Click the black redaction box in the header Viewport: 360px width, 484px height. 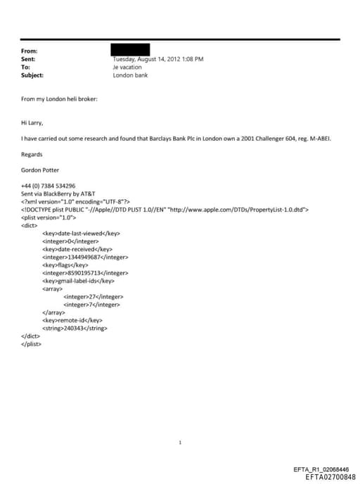click(131, 50)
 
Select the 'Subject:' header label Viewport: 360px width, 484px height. click(32, 75)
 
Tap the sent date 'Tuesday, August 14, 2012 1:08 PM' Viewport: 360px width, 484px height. click(158, 59)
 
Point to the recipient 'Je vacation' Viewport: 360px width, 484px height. click(127, 68)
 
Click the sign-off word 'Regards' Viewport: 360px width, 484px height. click(32, 155)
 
